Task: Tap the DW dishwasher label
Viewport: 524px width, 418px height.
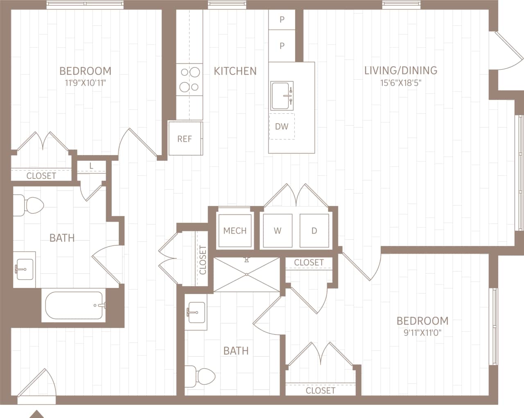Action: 282,126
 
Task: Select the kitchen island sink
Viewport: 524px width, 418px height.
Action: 282,96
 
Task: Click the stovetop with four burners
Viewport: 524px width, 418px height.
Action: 190,80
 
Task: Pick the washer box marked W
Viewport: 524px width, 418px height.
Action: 278,231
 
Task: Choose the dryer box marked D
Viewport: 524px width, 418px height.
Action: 314,231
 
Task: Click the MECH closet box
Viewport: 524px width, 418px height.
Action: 235,231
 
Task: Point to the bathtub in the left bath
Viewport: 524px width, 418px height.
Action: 74,305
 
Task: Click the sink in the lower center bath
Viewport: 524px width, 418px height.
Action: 196,312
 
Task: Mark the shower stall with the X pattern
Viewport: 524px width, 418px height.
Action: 247,275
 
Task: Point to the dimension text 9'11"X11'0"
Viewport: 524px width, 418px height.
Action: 422,333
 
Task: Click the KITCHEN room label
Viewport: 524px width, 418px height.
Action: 235,71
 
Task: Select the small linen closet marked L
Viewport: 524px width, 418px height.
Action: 91,166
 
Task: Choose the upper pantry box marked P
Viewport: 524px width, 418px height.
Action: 282,20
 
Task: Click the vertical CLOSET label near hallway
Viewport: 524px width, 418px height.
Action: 203,260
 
